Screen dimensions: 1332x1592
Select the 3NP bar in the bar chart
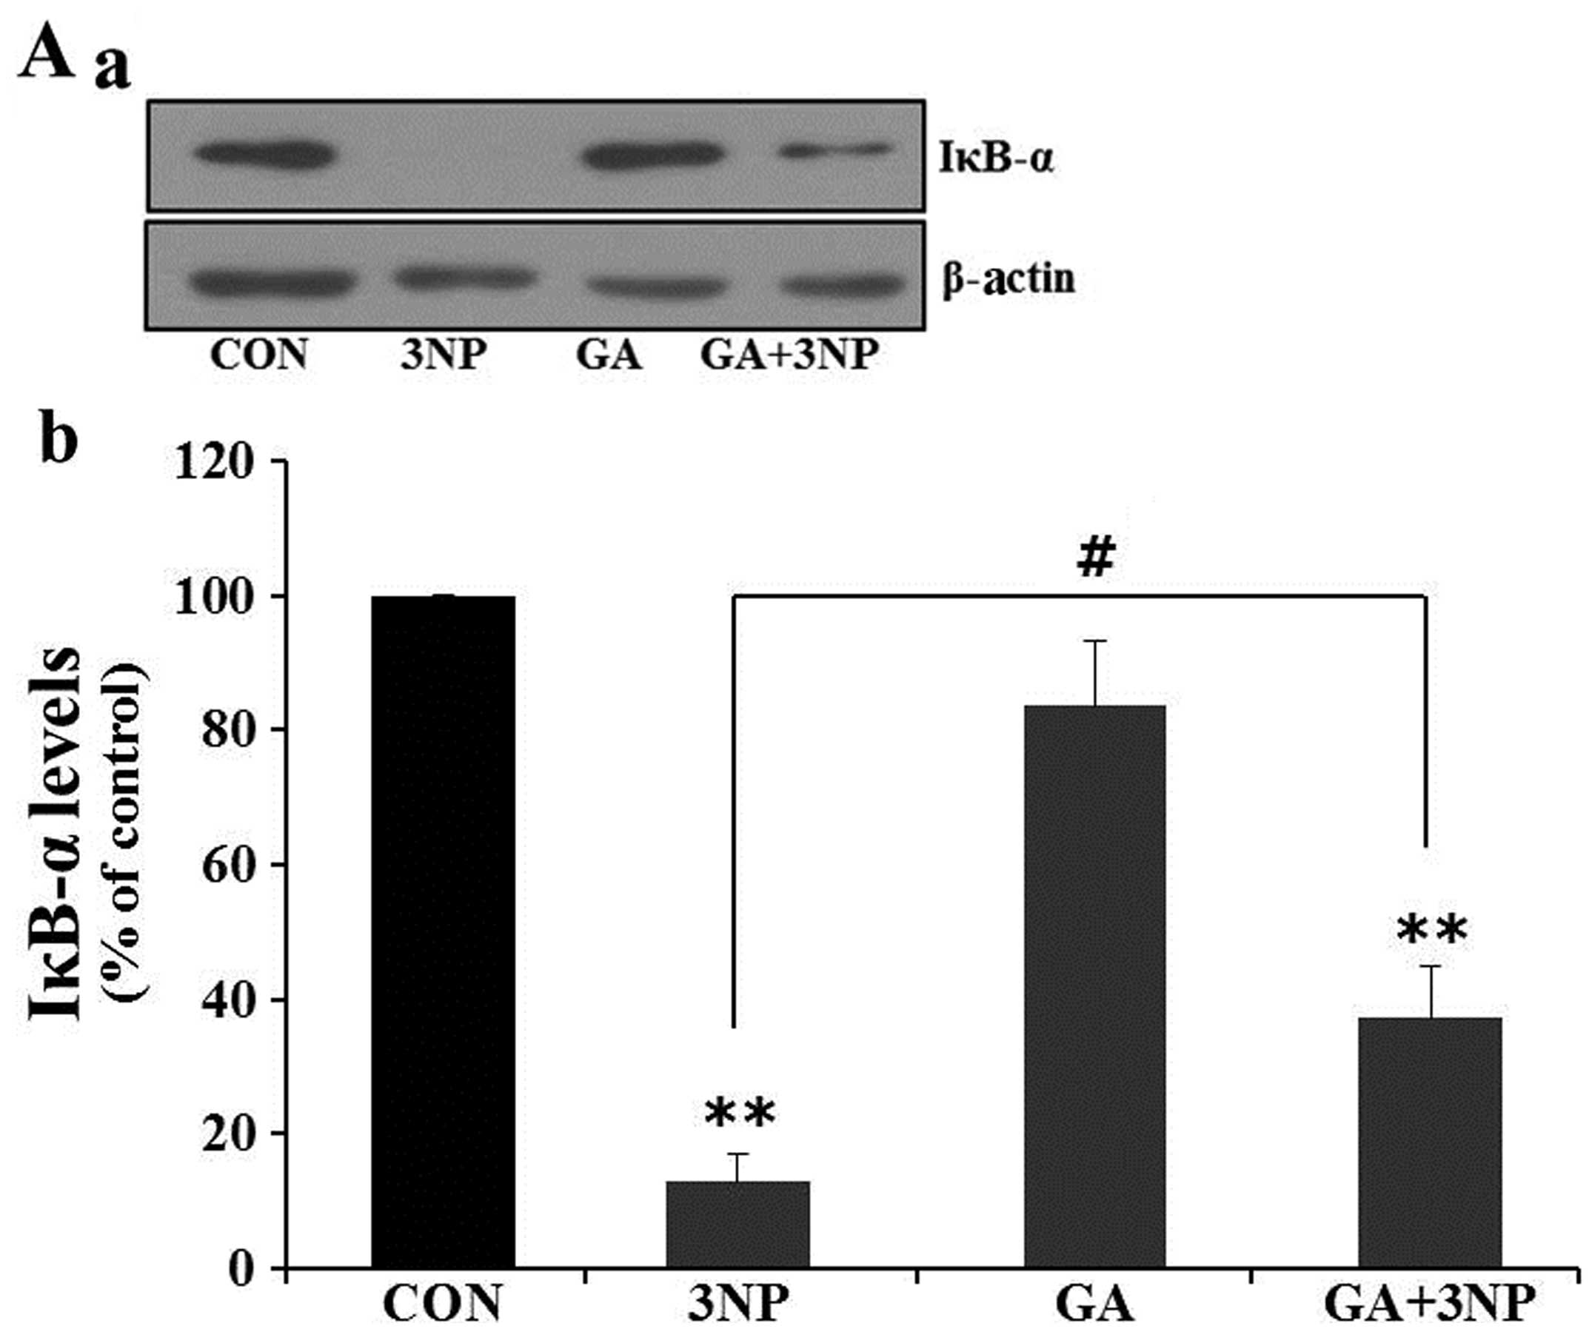[x=738, y=1224]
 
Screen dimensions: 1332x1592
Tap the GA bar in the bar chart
[x=1094, y=985]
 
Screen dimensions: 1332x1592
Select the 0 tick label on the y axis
[x=244, y=1268]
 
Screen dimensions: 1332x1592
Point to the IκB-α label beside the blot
[x=996, y=160]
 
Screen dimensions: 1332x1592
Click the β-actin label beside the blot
[x=1009, y=279]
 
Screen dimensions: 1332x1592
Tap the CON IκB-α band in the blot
[x=264, y=155]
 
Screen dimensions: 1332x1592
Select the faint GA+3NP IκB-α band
[x=834, y=151]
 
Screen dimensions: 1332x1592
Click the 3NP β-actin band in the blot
[x=464, y=278]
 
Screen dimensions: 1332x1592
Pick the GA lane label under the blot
[x=609, y=354]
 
